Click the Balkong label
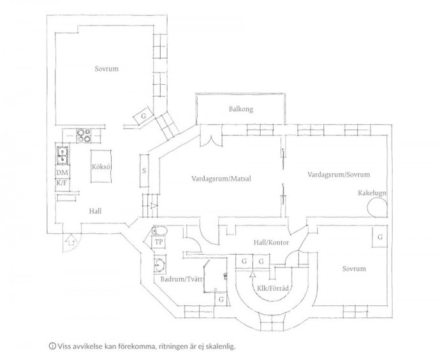pos(241,109)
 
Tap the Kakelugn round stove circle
pos(378,208)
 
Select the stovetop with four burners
pos(84,136)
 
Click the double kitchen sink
pos(62,155)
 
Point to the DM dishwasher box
pos(62,173)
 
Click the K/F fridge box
pos(62,184)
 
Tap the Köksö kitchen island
pos(101,166)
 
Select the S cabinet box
pos(144,171)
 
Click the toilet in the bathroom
pos(159,231)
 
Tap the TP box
pos(159,242)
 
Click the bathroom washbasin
pos(159,264)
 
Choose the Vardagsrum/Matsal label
pos(221,178)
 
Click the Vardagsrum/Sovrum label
pos(339,175)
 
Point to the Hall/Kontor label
pos(271,242)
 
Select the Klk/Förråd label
pos(273,288)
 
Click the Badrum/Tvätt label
pos(181,279)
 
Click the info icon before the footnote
pos(52,346)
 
